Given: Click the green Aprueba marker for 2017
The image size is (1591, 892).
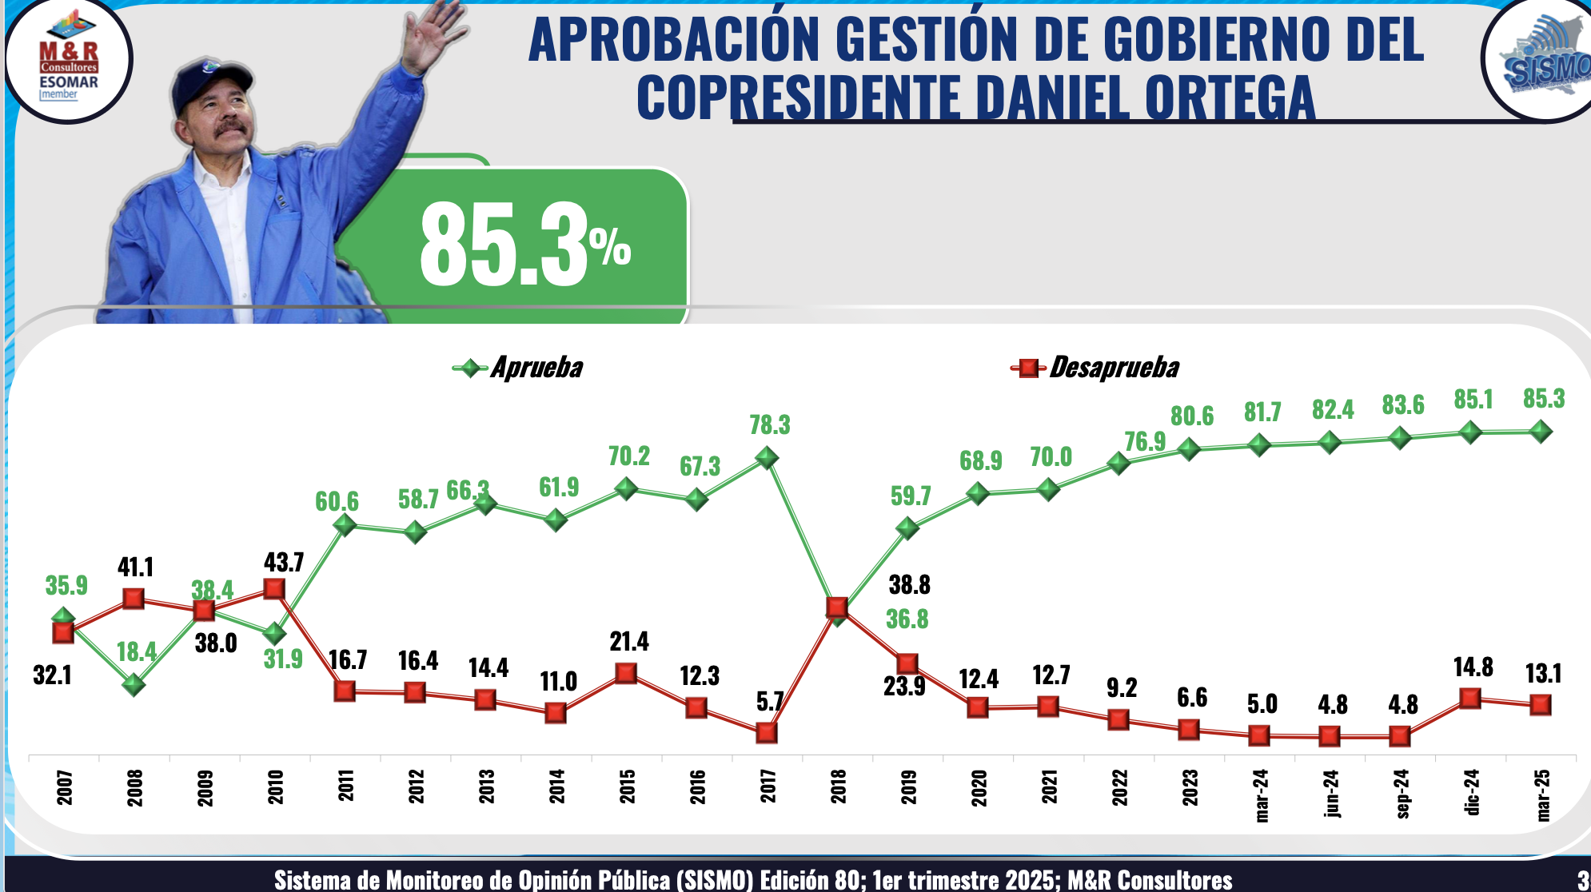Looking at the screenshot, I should click(x=767, y=458).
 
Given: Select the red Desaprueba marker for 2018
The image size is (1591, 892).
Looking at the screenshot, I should click(x=837, y=607).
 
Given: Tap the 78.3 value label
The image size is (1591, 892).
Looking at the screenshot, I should click(x=769, y=425).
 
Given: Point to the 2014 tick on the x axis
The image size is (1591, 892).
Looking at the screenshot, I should click(x=557, y=786).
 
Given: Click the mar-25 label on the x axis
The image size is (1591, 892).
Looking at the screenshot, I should click(x=1543, y=794).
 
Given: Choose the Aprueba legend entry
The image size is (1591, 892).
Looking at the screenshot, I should click(x=518, y=368).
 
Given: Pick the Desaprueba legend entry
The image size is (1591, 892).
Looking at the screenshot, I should click(x=1095, y=368).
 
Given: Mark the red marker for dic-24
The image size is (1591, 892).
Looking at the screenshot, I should click(x=1470, y=699).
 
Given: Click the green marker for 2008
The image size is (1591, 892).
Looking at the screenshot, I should click(x=134, y=684).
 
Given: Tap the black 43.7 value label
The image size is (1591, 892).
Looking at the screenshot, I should click(x=284, y=563).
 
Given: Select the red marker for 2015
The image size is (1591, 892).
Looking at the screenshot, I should click(x=626, y=673).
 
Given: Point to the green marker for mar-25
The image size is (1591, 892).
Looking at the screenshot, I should click(x=1541, y=432).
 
